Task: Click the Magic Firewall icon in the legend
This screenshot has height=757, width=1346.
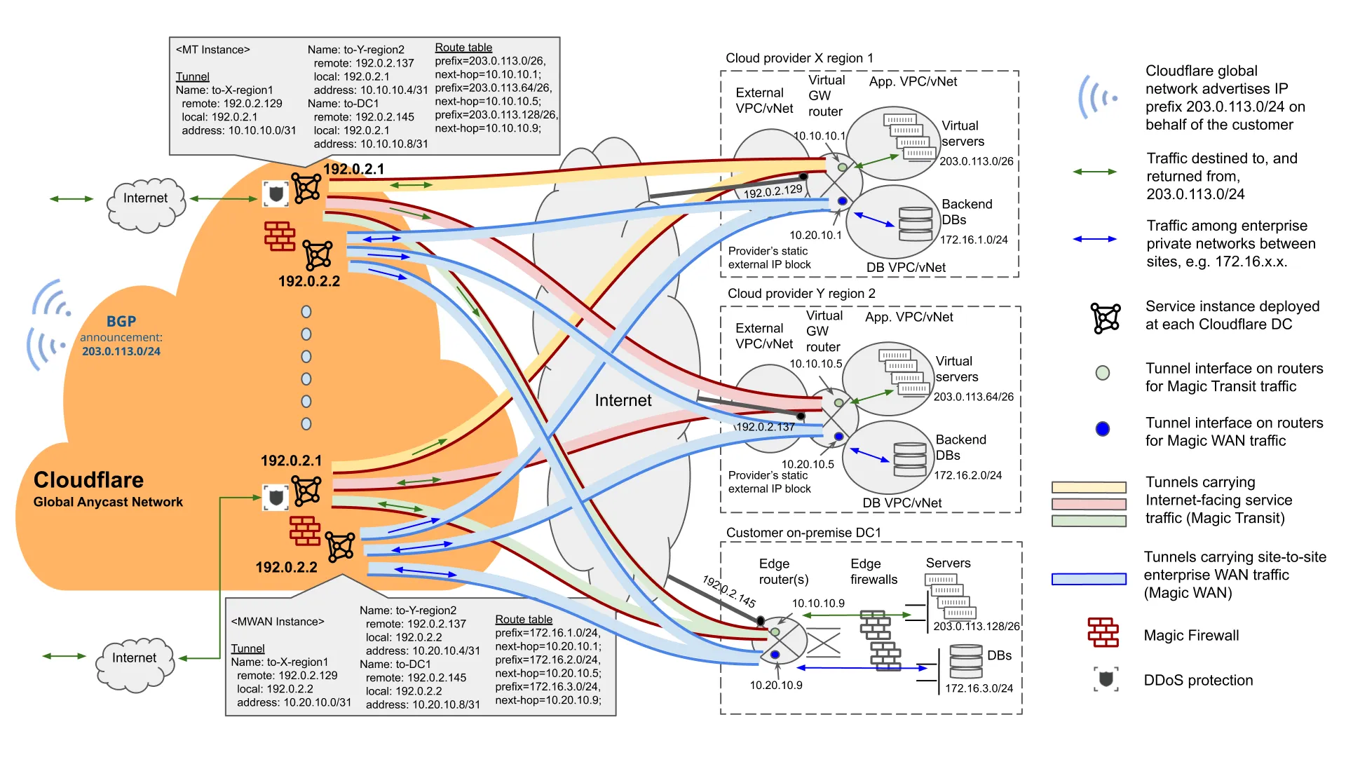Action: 1103,632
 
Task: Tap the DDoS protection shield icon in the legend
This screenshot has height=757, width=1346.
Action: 1106,679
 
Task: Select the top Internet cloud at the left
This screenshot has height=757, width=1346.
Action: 146,199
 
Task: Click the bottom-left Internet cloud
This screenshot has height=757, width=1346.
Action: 135,659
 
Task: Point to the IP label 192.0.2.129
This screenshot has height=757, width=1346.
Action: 773,191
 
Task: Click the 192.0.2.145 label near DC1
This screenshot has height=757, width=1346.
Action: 729,592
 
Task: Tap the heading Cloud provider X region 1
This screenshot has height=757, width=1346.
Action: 799,58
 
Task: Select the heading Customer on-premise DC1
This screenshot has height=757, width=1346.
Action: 803,533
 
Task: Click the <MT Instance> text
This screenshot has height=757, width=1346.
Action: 212,50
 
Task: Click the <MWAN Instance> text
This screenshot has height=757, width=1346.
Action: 278,622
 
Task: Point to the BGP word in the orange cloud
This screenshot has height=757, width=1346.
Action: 121,321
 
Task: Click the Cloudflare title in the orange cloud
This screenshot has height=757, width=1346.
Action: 88,480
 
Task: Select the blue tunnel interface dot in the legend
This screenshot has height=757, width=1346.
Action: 1103,429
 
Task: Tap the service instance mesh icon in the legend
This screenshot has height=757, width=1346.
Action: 1106,318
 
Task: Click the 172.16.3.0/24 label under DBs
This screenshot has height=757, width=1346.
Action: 979,688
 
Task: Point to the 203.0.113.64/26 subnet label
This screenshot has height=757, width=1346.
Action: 973,397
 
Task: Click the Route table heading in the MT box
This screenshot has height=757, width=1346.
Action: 463,48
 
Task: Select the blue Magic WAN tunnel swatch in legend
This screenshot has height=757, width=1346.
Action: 1089,579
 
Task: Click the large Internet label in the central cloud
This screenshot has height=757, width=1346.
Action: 623,400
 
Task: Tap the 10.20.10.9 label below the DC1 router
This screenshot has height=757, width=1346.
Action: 776,685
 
